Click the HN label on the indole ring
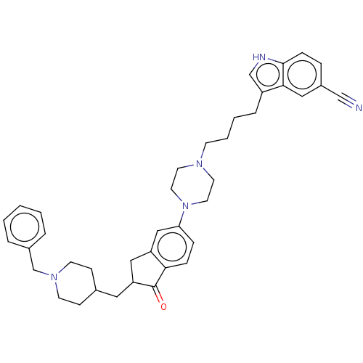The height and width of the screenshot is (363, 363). click(x=259, y=57)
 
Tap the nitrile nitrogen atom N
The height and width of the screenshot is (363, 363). click(x=359, y=107)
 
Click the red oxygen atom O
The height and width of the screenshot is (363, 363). click(x=163, y=306)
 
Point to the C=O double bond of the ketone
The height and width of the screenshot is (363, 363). click(x=158, y=294)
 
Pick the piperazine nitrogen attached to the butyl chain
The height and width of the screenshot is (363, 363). click(x=199, y=164)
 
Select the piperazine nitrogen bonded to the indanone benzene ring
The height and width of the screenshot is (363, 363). click(x=185, y=206)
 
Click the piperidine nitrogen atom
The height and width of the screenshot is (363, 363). click(x=54, y=277)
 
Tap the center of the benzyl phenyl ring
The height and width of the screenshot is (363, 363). click(x=25, y=227)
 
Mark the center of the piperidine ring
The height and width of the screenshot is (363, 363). click(x=76, y=283)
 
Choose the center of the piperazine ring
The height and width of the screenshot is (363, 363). click(x=192, y=185)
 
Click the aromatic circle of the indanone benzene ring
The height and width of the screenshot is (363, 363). click(x=172, y=247)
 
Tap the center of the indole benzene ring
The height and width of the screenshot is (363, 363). click(x=302, y=74)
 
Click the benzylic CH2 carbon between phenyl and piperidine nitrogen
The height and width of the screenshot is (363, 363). click(x=33, y=269)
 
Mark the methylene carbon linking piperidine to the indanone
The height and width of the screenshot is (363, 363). click(x=117, y=297)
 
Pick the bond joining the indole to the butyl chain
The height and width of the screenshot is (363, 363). click(x=259, y=102)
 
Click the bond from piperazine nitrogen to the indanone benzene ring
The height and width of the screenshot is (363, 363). click(x=182, y=219)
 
